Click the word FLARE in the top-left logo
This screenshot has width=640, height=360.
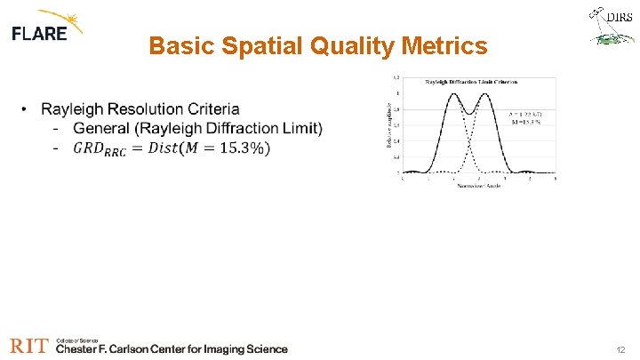tap(39, 34)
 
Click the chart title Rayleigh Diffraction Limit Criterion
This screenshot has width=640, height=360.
tap(471, 82)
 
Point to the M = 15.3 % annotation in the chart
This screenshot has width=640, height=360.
tap(523, 122)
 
